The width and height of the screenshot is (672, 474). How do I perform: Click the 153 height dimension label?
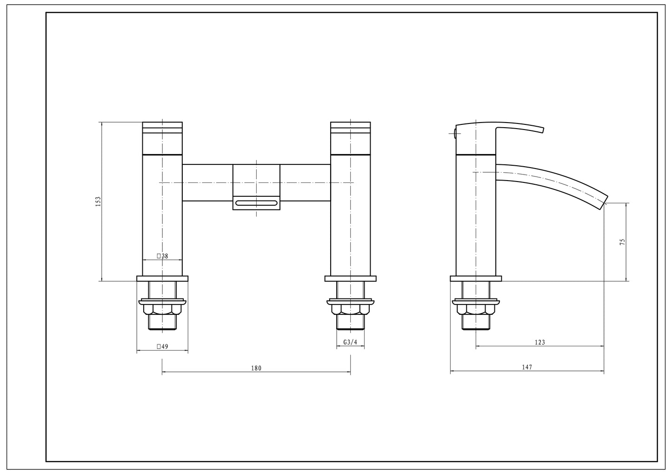[x=98, y=201]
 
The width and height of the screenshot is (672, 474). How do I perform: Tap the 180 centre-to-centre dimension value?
[x=256, y=368]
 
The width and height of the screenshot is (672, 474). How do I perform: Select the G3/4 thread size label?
[x=350, y=342]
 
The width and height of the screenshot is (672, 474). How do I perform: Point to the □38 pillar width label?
[x=162, y=256]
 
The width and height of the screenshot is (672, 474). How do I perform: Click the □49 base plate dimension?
[x=162, y=346]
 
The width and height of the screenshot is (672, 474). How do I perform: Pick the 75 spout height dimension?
[x=623, y=242]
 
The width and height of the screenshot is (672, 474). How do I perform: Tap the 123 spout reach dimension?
[x=540, y=342]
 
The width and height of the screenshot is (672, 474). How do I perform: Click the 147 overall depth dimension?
[x=527, y=367]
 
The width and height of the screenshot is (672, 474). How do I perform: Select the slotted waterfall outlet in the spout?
[x=257, y=203]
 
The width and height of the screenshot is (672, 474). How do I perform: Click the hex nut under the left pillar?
[x=162, y=309]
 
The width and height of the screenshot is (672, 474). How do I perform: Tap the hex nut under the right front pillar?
[x=350, y=309]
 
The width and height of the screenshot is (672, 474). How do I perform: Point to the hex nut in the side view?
[x=476, y=309]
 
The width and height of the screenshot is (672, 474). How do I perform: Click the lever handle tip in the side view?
[x=543, y=130]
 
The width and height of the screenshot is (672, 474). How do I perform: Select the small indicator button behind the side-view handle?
[x=455, y=133]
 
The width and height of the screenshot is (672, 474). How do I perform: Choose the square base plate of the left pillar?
[x=162, y=279]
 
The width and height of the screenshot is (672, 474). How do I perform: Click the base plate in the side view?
[x=476, y=279]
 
